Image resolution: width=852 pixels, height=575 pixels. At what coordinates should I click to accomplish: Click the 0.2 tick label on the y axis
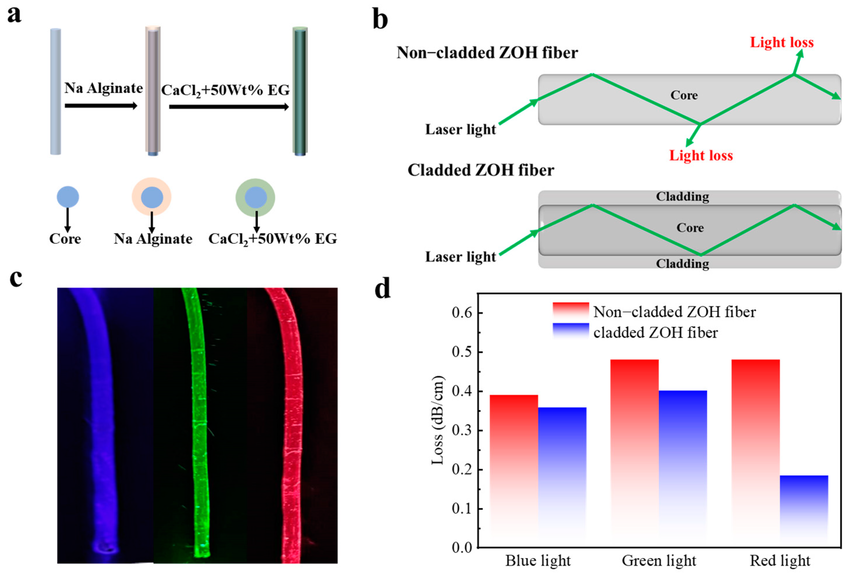(462, 470)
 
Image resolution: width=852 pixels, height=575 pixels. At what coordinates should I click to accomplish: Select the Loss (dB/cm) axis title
(437, 420)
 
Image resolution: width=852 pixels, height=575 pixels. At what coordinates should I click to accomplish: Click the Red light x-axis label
(780, 561)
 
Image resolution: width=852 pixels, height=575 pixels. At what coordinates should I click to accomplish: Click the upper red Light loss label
(782, 42)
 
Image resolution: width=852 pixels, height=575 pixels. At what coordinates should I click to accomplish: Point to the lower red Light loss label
(701, 156)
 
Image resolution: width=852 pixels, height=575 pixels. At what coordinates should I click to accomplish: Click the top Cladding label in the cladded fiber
(682, 197)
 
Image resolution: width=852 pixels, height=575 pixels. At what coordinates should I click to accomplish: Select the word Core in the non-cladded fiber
(684, 95)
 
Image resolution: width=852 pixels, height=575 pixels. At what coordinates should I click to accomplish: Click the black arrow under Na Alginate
(101, 106)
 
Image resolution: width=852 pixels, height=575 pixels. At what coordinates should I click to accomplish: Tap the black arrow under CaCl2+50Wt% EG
(229, 107)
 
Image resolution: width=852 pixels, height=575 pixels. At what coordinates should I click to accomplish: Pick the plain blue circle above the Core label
(68, 197)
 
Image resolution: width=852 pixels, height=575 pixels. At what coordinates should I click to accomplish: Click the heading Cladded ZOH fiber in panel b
(481, 170)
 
